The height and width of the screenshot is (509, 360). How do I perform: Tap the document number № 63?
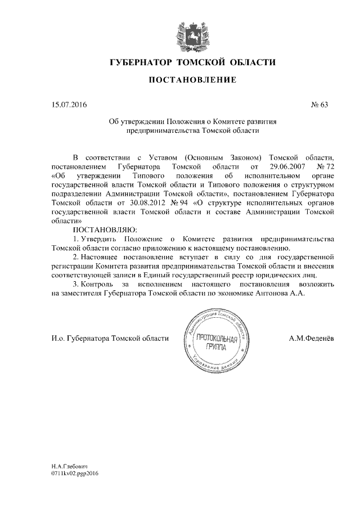(x=319, y=104)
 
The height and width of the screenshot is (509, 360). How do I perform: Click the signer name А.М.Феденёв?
(x=311, y=337)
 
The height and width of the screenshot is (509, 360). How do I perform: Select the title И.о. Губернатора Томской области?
(x=110, y=337)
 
